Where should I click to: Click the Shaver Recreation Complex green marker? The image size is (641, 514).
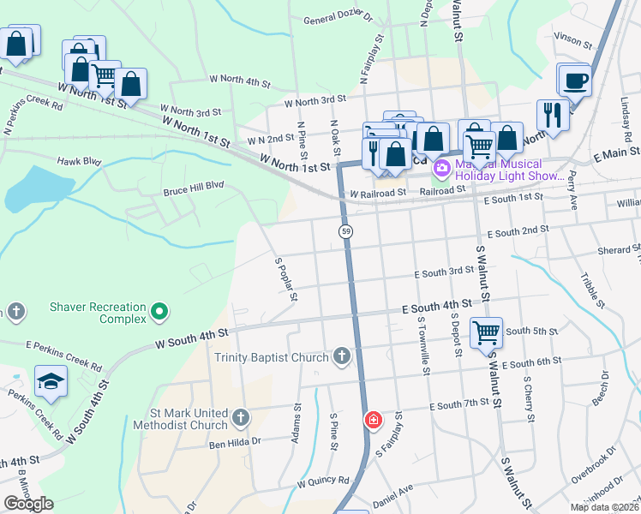[x=159, y=310]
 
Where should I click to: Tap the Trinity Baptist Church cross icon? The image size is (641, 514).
[x=342, y=356]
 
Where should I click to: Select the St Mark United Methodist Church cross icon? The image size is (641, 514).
[x=241, y=418]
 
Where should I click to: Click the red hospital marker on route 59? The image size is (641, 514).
[x=373, y=420]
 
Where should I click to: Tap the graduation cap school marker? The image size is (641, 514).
[x=51, y=382]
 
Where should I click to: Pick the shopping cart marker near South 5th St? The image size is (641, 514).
[x=486, y=332]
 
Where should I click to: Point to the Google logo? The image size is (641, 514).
[x=28, y=504]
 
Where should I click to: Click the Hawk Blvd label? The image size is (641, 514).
[x=79, y=160]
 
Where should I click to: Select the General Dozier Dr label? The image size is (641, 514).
[x=338, y=17]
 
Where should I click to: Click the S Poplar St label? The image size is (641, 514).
[x=285, y=279]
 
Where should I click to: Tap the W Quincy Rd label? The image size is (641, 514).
[x=323, y=482]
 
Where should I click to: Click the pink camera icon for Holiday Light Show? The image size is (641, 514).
[x=442, y=167]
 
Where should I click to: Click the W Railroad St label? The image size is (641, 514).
[x=377, y=194]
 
